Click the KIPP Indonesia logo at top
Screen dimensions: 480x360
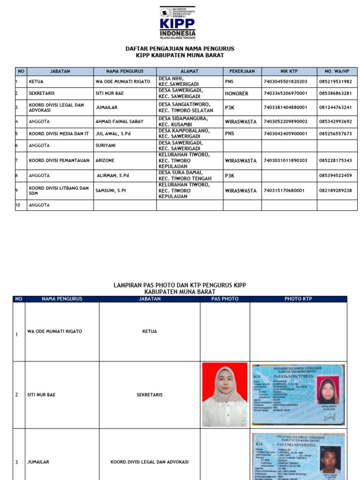click(x=178, y=22)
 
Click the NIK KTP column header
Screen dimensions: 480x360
click(x=289, y=71)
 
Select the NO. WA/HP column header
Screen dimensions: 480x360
click(x=337, y=71)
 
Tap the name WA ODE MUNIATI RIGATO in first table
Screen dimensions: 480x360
click(x=123, y=82)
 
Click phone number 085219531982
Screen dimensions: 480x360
click(x=336, y=82)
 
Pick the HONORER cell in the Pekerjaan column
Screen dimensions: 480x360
click(x=237, y=94)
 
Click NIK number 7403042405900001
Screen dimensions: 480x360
click(x=285, y=134)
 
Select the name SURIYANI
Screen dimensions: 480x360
click(x=105, y=146)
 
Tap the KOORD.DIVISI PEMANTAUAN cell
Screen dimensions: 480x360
click(x=59, y=160)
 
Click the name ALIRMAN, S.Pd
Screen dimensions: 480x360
click(x=112, y=176)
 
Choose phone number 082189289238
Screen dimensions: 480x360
click(x=336, y=191)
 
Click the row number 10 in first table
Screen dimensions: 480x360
click(x=18, y=205)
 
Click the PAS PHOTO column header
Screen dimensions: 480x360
click(x=225, y=299)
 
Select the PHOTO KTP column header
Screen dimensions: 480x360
click(x=298, y=299)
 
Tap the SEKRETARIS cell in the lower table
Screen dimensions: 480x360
click(x=150, y=395)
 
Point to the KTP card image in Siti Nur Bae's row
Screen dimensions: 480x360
click(x=298, y=395)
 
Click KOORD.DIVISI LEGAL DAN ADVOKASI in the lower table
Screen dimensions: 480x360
click(x=150, y=462)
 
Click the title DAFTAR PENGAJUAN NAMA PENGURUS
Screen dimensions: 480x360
click(x=180, y=49)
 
